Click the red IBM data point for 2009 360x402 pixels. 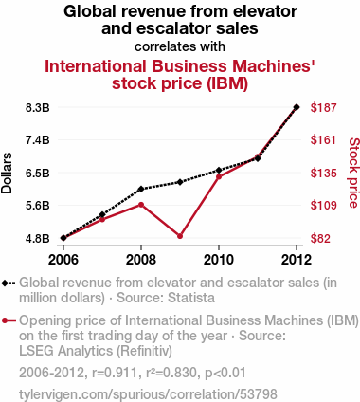coord(180,236)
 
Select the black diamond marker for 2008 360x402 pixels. coord(141,189)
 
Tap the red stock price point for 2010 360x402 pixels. coord(219,176)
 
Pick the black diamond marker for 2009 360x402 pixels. coord(180,182)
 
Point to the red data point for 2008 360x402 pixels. coord(141,205)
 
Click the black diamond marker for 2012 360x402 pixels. coord(297,107)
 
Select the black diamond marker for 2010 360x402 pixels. coord(219,170)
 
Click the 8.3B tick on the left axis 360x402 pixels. coord(38,108)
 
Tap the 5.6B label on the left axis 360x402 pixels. coord(38,206)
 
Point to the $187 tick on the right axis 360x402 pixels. coord(323,108)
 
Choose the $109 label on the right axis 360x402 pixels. coord(323,206)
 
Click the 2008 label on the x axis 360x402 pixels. coord(141,260)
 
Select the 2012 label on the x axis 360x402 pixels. coord(297,260)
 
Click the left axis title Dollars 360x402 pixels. coord(7,174)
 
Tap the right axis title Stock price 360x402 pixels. coord(354,173)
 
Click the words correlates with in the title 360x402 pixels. coord(180,46)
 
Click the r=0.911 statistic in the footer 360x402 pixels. coord(115,373)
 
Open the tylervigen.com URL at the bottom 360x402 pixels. coord(148,394)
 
